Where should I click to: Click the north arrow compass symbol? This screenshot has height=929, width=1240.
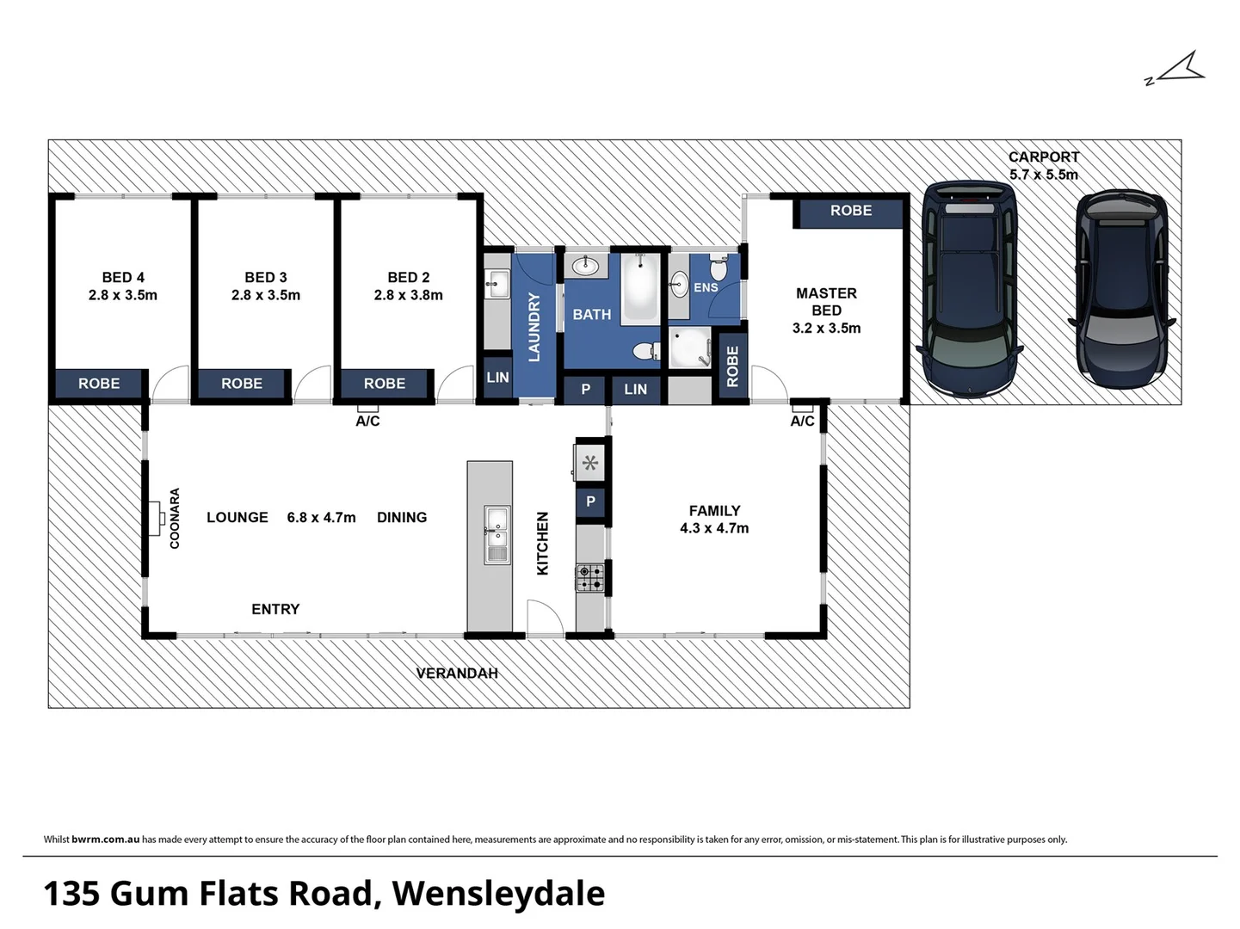pos(1178,70)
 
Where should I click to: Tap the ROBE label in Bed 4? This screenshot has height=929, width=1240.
pos(99,384)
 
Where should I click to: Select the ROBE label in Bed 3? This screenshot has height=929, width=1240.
pos(242,384)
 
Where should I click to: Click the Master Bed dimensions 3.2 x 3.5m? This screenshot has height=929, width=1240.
pos(826,329)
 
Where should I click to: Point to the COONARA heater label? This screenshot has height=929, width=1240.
pos(175,519)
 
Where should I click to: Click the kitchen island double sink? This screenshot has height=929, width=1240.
pos(497,534)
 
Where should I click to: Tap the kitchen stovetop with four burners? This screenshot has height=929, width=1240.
pos(590,576)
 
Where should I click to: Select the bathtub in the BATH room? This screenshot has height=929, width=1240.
pos(641,288)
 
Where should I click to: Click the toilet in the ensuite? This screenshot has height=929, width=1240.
pos(719,268)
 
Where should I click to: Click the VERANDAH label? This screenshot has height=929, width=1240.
pos(457,674)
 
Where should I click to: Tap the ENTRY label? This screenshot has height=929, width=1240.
pos(275,609)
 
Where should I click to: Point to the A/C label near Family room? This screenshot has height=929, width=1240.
pos(802,421)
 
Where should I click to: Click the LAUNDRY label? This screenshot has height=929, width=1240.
pos(534,327)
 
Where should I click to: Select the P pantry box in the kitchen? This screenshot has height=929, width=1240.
pos(590,501)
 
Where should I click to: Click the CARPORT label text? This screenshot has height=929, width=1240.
pos(1043,157)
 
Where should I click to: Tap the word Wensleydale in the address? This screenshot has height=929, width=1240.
pos(498,894)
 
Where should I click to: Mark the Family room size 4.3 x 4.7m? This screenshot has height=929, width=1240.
pos(714,528)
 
